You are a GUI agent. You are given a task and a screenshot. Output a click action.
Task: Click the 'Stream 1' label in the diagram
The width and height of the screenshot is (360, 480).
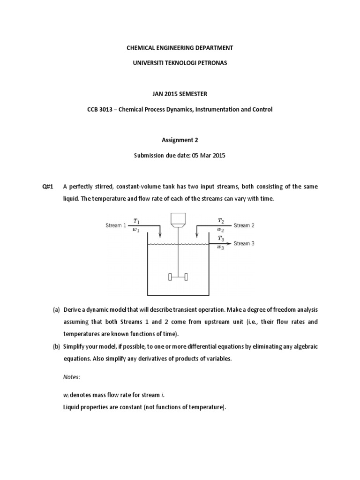point(115,225)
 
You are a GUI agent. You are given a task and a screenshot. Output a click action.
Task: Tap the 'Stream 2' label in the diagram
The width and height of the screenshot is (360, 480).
point(244,225)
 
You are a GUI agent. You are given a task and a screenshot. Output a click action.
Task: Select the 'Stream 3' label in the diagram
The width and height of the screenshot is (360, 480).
point(244,243)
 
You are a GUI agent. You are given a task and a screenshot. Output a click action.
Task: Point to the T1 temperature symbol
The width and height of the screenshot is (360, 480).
point(136,221)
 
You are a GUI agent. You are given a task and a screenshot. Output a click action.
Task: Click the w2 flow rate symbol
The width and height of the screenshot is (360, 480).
point(221,230)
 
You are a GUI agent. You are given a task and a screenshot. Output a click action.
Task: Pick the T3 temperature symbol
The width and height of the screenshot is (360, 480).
point(221,239)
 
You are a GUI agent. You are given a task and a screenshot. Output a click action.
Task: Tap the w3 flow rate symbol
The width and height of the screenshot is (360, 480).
point(221,248)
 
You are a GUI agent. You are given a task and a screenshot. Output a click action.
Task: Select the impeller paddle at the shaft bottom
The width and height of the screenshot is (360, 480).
point(178,277)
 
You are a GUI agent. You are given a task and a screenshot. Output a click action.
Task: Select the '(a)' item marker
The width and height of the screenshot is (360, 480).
point(56,310)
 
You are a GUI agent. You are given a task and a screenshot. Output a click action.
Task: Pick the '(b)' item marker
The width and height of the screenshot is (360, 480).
point(56,346)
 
